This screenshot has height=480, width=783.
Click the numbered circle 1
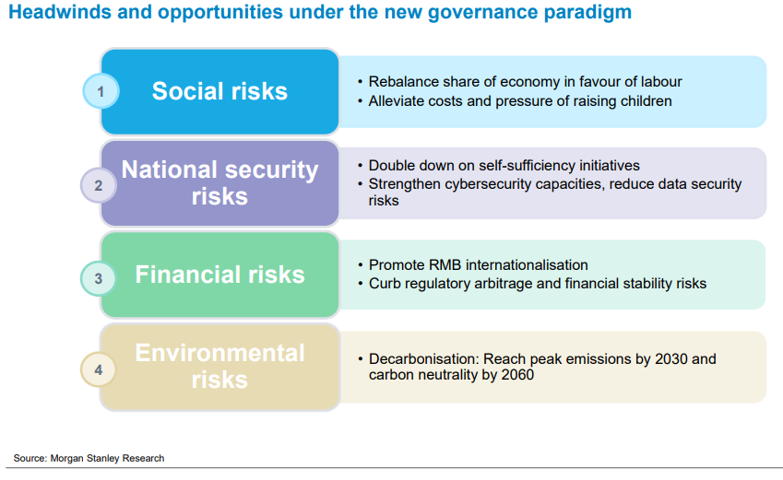click(x=101, y=91)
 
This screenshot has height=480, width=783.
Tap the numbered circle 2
click(x=99, y=185)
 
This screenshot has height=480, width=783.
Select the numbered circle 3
click(x=99, y=278)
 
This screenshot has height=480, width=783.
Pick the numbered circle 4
click(x=99, y=369)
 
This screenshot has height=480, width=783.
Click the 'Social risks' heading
click(x=219, y=91)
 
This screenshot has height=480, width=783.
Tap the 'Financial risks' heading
click(x=219, y=275)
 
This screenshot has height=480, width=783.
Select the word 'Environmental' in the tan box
click(x=219, y=353)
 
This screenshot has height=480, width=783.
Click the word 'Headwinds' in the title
click(x=60, y=11)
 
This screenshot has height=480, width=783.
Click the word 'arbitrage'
click(x=504, y=284)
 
